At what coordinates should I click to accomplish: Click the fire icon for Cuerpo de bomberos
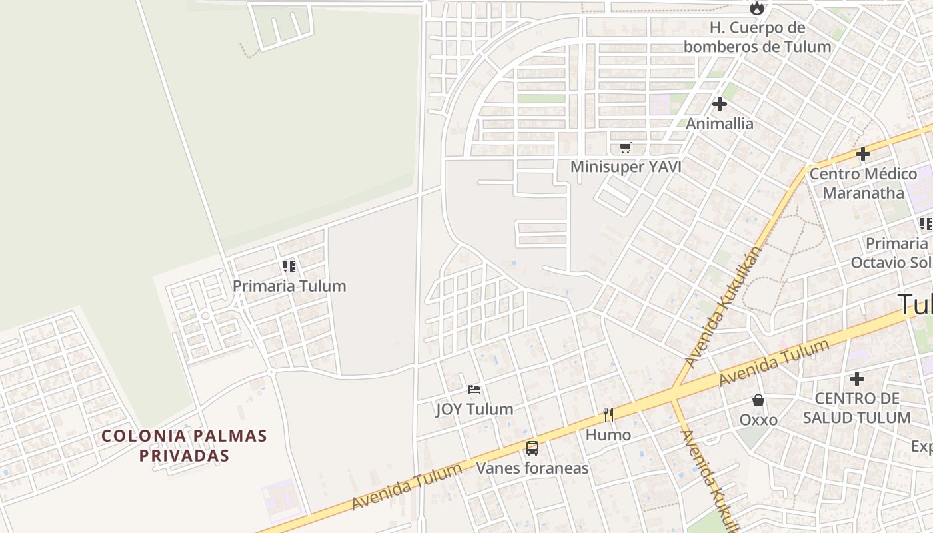point(756,8)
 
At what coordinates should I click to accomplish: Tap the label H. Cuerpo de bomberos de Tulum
point(757,37)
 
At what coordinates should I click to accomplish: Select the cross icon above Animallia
point(719,104)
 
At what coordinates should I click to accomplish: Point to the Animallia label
point(720,123)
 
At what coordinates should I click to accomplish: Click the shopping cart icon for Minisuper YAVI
point(625,147)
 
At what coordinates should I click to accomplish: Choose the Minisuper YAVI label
point(626,167)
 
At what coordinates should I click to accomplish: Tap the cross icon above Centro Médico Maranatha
point(863,154)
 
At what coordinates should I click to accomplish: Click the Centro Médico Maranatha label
point(863,183)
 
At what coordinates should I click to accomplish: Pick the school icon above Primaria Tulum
point(289,266)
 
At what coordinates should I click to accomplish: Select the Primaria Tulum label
point(289,286)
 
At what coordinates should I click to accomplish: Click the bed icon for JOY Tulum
point(474,389)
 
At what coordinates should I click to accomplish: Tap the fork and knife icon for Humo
point(608,415)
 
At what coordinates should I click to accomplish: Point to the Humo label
point(608,435)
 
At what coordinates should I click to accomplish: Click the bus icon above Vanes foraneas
point(532,448)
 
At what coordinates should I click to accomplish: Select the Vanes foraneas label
point(532,468)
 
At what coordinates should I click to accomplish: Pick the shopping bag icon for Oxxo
point(758,400)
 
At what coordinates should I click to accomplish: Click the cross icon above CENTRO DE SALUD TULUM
point(857,379)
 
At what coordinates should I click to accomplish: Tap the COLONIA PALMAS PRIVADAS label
point(184,446)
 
